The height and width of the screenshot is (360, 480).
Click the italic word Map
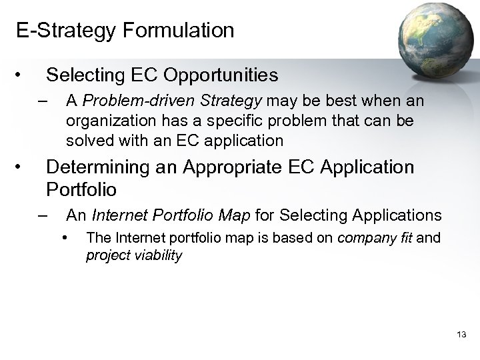point(257,215)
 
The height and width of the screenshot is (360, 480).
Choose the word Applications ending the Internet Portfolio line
point(398,215)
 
